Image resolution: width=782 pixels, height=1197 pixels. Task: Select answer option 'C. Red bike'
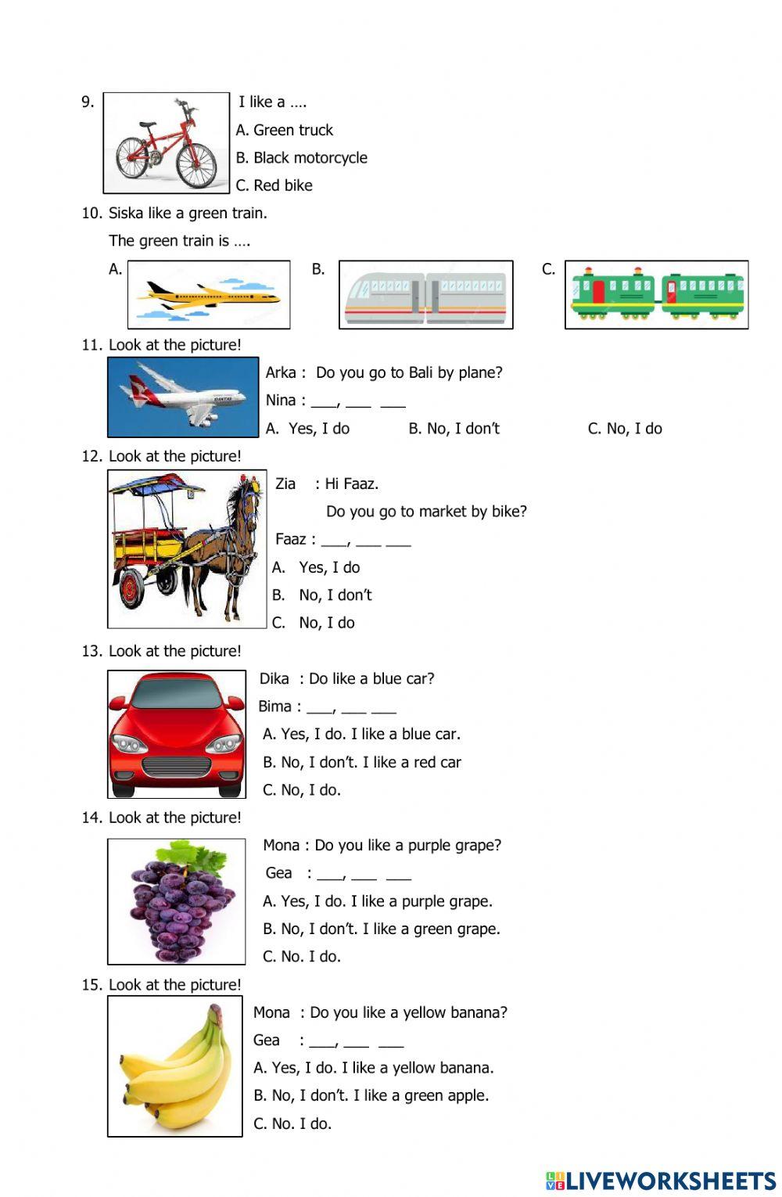(274, 185)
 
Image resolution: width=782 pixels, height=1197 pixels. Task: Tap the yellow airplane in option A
(208, 296)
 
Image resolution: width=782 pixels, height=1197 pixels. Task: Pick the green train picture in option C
(657, 295)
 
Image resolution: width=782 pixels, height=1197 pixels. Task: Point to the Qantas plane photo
(183, 397)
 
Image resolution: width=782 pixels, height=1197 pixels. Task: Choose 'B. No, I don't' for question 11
(454, 429)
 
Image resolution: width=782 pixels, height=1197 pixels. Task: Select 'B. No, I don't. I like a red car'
(362, 762)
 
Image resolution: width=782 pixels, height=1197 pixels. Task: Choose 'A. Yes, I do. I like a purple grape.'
(378, 901)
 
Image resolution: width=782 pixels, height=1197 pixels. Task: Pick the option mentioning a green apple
(371, 1095)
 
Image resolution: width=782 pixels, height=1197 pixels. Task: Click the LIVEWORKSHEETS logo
(661, 1181)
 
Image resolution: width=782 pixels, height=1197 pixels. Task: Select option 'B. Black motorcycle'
(302, 158)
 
